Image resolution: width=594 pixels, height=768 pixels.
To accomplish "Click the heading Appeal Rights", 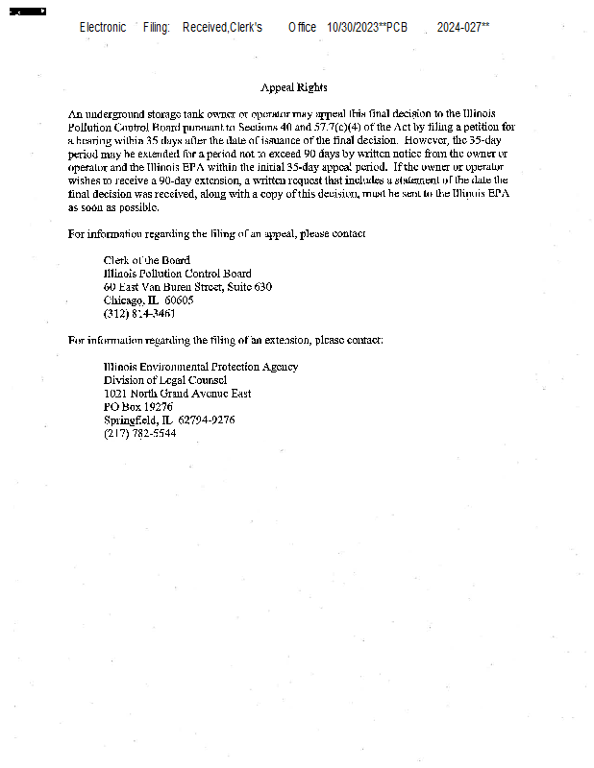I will tap(293, 87).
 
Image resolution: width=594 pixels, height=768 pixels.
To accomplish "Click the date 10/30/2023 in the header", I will tap(353, 27).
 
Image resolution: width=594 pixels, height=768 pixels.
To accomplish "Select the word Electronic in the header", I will tap(103, 27).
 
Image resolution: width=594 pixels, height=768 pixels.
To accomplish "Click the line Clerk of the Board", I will tap(147, 260).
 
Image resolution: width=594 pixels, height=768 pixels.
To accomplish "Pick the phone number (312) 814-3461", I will tap(139, 314).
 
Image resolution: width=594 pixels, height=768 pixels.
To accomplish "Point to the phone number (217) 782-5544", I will tap(140, 433).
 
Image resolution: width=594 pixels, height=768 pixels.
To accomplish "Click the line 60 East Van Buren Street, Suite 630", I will tap(187, 287).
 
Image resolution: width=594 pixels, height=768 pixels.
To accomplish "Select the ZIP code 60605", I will tap(179, 300).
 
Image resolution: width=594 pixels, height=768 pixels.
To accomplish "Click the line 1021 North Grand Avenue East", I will tap(178, 394).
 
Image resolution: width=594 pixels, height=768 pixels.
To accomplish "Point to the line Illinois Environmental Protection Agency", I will tap(201, 367).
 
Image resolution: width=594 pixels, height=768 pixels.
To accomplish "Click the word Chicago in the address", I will tap(122, 300).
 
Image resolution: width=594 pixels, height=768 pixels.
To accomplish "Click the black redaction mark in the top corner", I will tap(27, 11).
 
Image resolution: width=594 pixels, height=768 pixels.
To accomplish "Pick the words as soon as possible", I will tap(113, 206).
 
